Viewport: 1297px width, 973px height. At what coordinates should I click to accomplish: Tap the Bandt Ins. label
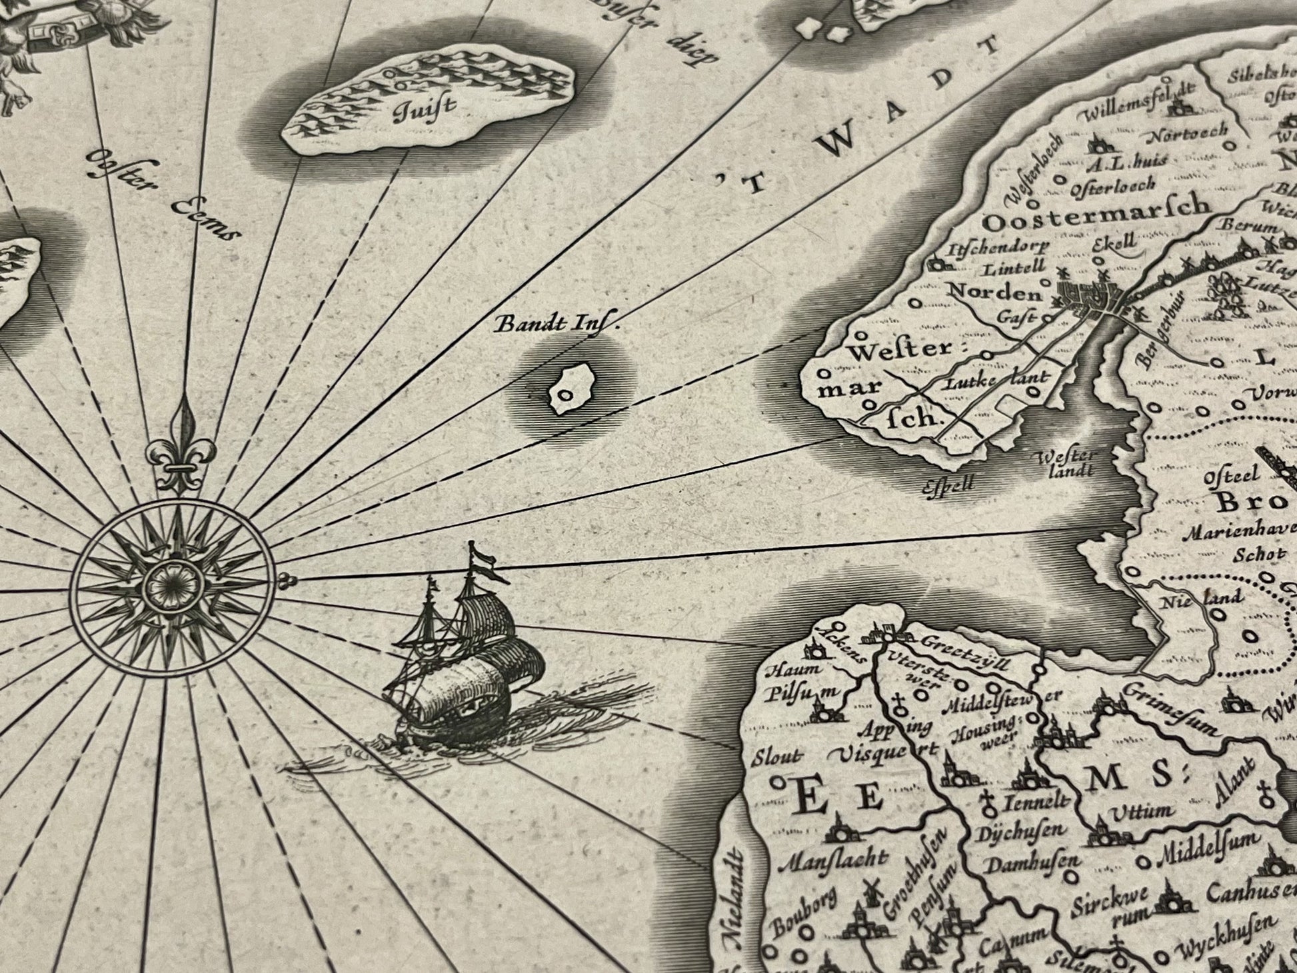(x=557, y=325)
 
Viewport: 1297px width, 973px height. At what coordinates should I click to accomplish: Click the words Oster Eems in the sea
(x=163, y=193)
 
